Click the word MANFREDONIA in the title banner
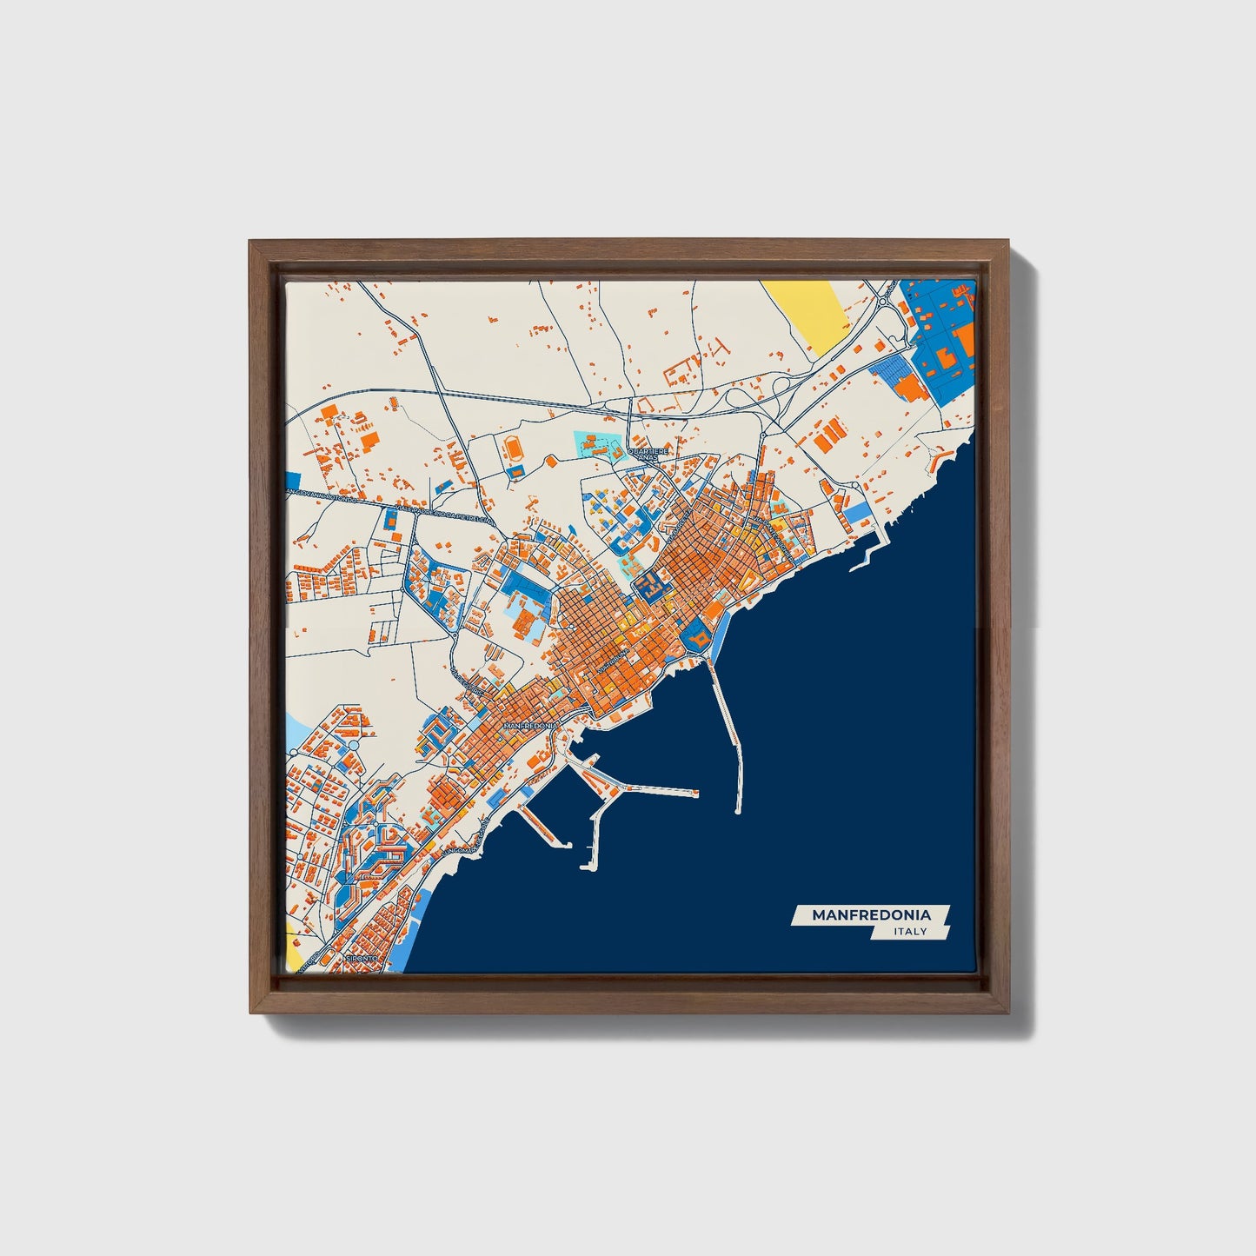click(871, 914)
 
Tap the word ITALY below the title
click(910, 932)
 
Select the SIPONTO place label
click(362, 958)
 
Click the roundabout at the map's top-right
click(884, 302)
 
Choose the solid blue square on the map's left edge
click(292, 480)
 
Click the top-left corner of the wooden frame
click(251, 243)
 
